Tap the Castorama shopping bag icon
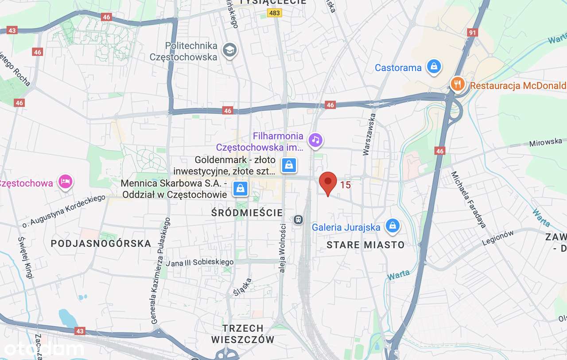pos(434,67)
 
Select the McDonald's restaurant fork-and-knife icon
pos(457,83)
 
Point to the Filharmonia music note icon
pos(315,140)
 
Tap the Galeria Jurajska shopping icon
pos(392,226)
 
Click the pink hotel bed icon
pos(66,182)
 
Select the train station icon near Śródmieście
pos(299,219)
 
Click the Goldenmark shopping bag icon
pos(289,165)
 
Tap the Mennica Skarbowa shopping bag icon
pos(240,188)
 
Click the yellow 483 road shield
pos(275,13)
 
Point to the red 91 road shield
pos(473,32)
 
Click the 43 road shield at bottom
pos(80,331)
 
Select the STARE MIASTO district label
pos(365,245)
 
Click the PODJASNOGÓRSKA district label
pos(101,243)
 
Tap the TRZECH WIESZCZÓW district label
pos(243,334)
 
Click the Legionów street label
pos(498,238)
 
